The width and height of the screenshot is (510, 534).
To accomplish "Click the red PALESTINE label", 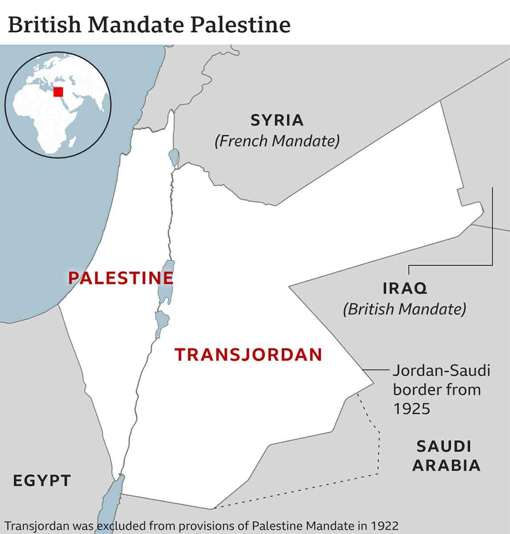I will point(120,278).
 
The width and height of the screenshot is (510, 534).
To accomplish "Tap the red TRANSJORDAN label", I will point(248,355).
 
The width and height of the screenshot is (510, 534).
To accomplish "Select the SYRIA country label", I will point(277,120).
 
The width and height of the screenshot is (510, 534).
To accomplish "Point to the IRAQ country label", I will point(405,288).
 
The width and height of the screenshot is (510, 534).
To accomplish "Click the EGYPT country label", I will point(42,481).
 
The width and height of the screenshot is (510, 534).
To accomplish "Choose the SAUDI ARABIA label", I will point(446,456).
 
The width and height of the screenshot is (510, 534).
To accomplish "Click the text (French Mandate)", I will point(277,141).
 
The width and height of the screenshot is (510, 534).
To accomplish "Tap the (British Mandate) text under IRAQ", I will point(405,309).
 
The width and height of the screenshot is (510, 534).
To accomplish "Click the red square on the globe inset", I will point(58,92).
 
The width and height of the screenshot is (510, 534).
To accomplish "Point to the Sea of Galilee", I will point(174,157).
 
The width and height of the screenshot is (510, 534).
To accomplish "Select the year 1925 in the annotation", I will point(412,409).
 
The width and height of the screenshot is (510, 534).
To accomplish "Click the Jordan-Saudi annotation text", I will point(441,370).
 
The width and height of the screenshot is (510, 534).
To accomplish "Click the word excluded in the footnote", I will point(122,526).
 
